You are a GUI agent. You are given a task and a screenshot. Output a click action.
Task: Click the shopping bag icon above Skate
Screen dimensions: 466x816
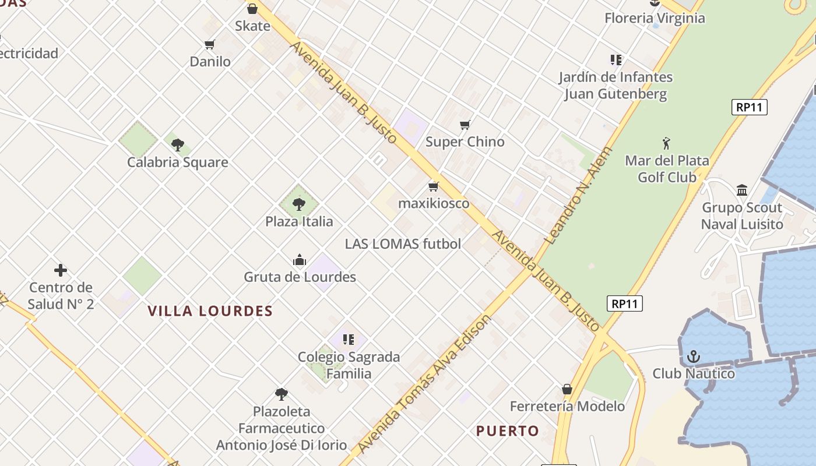click(252, 9)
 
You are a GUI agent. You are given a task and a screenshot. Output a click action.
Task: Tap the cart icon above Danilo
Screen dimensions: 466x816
click(210, 44)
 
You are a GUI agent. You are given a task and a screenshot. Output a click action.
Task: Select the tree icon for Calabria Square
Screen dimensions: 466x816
click(178, 144)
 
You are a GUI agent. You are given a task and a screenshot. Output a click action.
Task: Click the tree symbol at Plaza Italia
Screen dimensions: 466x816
click(299, 204)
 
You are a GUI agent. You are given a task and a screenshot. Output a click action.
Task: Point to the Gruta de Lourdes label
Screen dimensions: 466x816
click(300, 277)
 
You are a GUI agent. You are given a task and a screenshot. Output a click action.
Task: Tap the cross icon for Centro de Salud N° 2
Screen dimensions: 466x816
click(61, 270)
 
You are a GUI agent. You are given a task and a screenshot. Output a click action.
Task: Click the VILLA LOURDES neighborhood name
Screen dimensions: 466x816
click(210, 311)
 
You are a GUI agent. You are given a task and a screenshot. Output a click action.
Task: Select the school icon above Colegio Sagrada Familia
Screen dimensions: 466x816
click(349, 339)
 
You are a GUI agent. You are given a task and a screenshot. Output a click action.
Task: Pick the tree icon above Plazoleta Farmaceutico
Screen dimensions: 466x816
click(282, 394)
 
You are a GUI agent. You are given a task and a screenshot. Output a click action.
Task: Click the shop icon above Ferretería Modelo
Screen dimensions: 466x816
click(567, 389)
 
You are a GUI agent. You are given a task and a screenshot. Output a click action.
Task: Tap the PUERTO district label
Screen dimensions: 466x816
click(508, 431)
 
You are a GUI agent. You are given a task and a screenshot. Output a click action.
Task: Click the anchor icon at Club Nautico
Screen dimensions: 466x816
click(694, 356)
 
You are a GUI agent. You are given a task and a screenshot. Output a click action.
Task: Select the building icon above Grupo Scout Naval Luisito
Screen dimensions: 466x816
click(742, 190)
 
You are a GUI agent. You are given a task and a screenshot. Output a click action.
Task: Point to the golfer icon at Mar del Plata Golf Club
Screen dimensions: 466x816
click(667, 143)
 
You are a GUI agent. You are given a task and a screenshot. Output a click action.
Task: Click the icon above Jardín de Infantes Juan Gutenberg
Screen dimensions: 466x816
click(615, 59)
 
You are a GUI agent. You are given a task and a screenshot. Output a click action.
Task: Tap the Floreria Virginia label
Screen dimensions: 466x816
click(655, 18)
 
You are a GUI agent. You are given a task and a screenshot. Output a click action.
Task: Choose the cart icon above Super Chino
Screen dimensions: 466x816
click(465, 125)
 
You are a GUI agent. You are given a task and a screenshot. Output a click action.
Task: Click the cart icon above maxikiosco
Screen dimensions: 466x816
click(433, 186)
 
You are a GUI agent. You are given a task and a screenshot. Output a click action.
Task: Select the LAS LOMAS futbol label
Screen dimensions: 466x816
click(403, 244)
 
